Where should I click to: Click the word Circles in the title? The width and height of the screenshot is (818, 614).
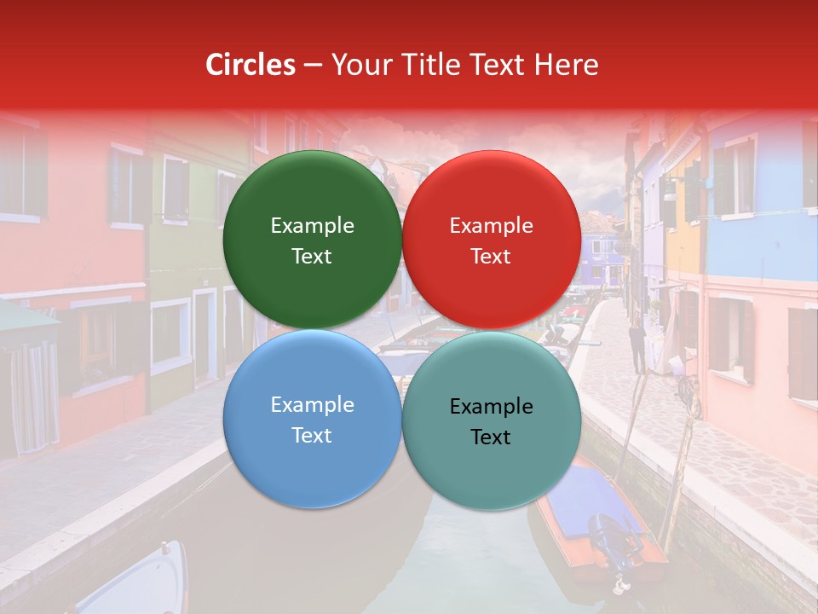(x=251, y=65)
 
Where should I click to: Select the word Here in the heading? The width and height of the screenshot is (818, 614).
(x=566, y=65)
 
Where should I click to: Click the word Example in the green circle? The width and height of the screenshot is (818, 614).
(x=312, y=225)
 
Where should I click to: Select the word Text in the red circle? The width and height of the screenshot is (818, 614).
(x=491, y=256)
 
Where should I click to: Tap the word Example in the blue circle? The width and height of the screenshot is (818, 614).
(x=312, y=404)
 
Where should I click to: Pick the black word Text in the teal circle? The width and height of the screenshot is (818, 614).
(x=491, y=437)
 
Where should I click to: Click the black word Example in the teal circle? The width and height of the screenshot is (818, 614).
(x=491, y=406)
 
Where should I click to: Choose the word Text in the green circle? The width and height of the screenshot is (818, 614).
(x=312, y=256)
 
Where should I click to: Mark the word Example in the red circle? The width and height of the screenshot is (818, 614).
(x=491, y=225)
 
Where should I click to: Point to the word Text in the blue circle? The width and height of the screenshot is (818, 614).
(x=312, y=435)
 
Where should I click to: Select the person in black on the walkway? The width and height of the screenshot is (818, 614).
(x=637, y=345)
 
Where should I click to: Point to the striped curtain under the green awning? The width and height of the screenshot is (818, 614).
(x=34, y=397)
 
